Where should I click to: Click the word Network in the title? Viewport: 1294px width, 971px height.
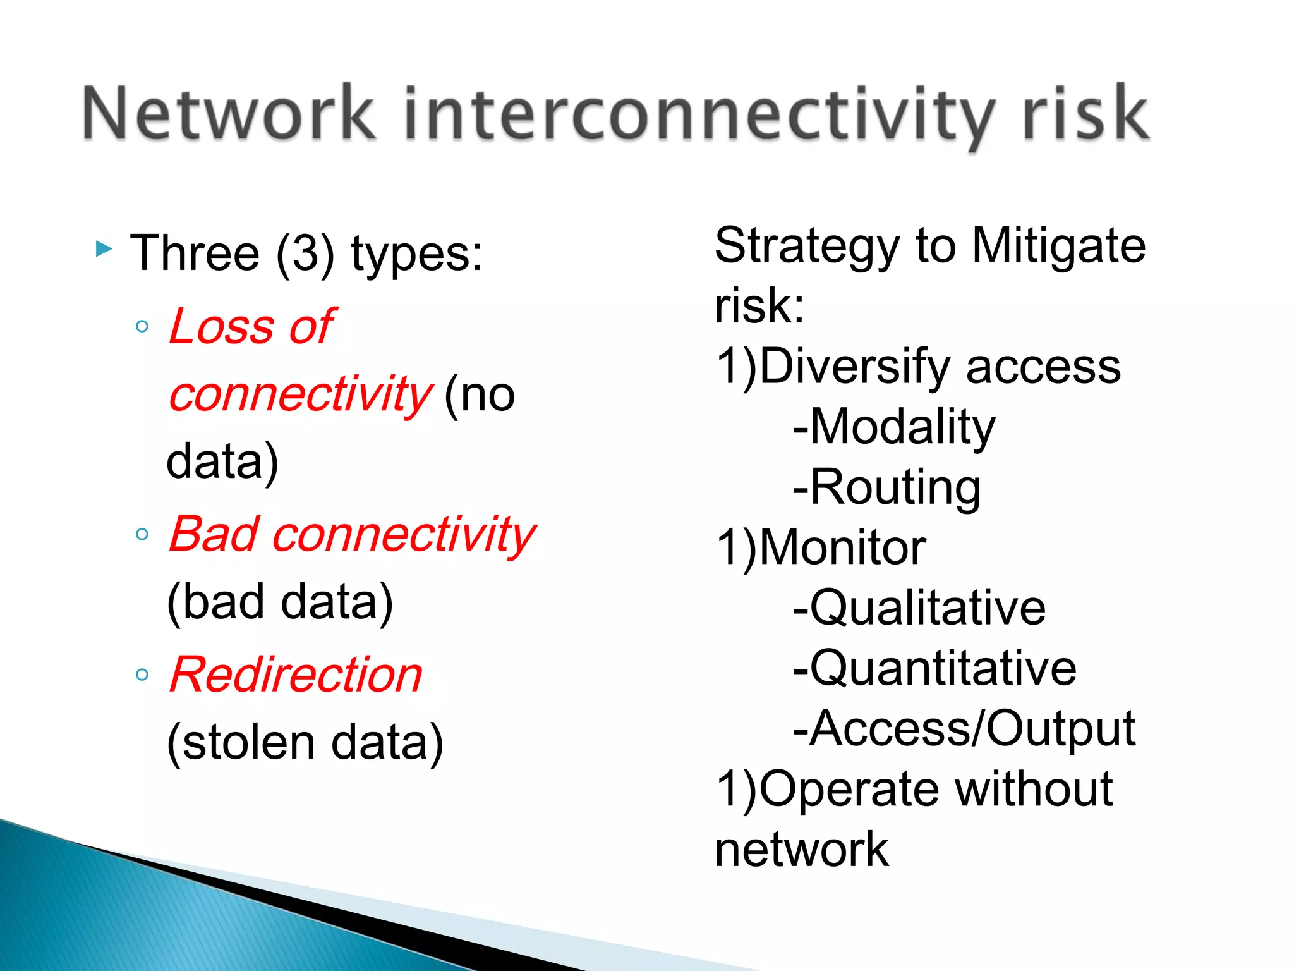(229, 114)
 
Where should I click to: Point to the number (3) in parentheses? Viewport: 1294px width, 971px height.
(305, 253)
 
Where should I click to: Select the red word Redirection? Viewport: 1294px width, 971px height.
(296, 675)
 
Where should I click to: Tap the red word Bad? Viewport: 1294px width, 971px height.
(214, 534)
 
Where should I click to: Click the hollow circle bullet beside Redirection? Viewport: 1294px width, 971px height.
(142, 675)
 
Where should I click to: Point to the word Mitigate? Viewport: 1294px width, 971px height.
(1058, 246)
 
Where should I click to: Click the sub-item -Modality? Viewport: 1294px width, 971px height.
(893, 427)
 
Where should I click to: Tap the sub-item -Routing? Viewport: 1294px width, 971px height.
(886, 487)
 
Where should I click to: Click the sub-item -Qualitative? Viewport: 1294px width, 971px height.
(919, 608)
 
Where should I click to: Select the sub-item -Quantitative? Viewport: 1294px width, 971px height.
(934, 668)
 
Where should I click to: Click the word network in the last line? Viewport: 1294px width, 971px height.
(801, 850)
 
